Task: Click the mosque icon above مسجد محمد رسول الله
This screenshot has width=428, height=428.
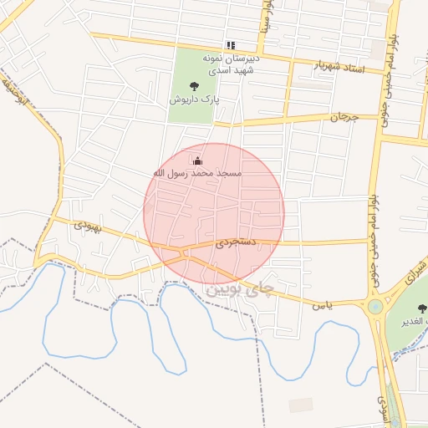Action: (x=197, y=160)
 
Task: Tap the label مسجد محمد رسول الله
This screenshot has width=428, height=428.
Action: (x=197, y=173)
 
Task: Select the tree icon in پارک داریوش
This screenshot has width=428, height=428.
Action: (x=195, y=85)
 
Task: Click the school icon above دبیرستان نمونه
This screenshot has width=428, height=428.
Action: (x=231, y=45)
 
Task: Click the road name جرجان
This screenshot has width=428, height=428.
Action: (x=343, y=118)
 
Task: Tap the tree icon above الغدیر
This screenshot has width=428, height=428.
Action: (x=417, y=306)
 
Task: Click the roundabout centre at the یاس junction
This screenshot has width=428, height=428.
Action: (x=375, y=307)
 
